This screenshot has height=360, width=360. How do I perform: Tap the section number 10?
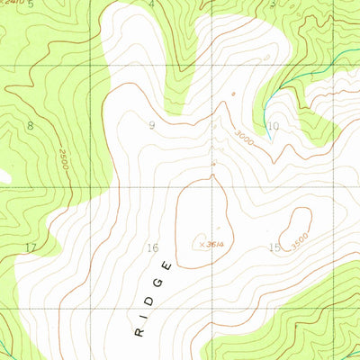point(274,127)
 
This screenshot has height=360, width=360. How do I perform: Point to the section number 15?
point(274,247)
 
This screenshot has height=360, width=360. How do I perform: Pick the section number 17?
point(31,247)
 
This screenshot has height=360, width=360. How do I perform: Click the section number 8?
point(30,125)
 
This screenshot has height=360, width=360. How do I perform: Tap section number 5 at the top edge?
point(30,4)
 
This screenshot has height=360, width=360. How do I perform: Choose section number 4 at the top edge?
point(151,4)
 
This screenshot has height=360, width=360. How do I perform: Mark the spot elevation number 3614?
point(211,242)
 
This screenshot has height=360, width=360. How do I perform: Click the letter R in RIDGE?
point(138,332)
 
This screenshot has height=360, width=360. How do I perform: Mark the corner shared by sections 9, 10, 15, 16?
point(213,187)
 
